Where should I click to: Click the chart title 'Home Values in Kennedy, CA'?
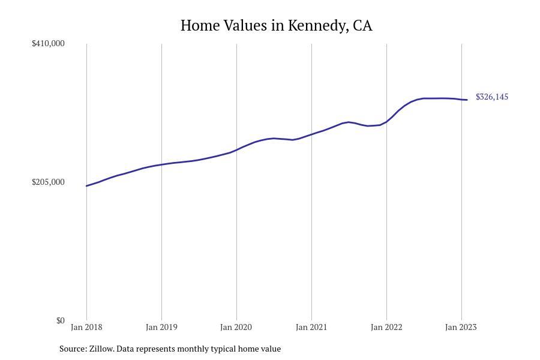click(x=276, y=26)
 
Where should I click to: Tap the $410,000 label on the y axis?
click(x=48, y=43)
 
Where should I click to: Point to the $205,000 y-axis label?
click(x=48, y=182)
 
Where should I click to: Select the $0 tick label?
click(x=60, y=320)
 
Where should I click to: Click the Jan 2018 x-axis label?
click(x=86, y=327)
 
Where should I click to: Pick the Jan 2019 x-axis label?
click(x=161, y=327)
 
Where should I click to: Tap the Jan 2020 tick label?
click(x=236, y=327)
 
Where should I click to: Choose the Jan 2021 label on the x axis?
click(x=311, y=327)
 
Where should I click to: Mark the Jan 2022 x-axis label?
click(x=386, y=327)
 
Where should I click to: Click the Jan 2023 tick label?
click(x=461, y=327)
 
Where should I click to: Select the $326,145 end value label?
click(x=492, y=97)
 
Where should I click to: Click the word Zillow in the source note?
click(x=101, y=349)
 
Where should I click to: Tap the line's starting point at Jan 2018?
click(x=86, y=186)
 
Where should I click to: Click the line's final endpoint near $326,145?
click(x=467, y=100)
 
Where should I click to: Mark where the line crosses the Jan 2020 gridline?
click(x=236, y=150)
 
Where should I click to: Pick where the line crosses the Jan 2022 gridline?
click(x=387, y=121)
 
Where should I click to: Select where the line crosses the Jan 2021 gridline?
click(x=311, y=134)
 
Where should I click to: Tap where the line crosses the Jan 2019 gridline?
click(x=161, y=164)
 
